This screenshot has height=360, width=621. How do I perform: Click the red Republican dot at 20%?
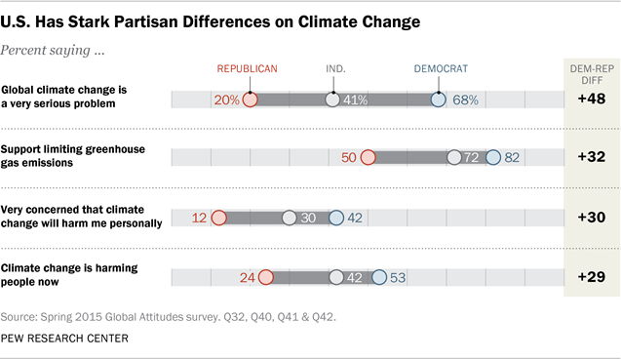(x=250, y=100)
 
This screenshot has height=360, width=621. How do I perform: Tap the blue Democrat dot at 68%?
(x=438, y=100)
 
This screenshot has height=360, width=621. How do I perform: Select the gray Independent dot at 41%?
(x=333, y=100)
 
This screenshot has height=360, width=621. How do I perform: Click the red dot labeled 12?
(x=218, y=218)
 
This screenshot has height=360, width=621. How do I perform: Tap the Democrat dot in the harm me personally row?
(x=336, y=218)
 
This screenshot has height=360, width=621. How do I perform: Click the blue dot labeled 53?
(x=378, y=277)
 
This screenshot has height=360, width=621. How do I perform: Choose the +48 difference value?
(x=592, y=99)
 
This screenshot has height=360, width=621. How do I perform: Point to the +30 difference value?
(x=592, y=218)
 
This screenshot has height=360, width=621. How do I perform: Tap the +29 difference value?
(x=592, y=277)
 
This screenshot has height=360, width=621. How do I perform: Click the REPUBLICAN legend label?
(x=248, y=68)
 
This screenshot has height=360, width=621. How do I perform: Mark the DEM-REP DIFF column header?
(x=591, y=73)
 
